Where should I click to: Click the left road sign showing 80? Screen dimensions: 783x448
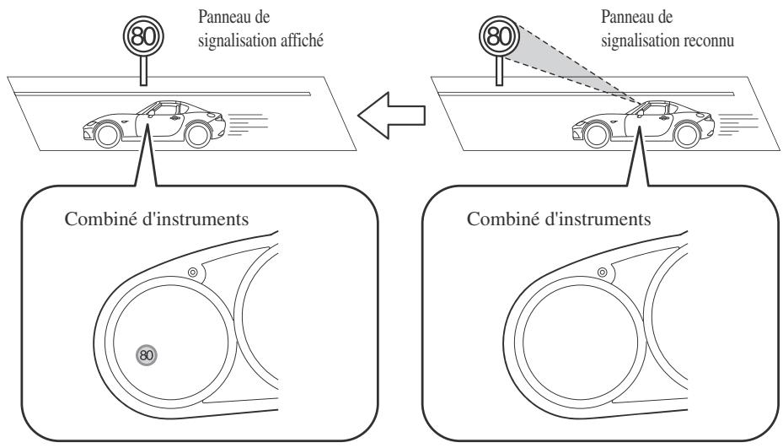tap(144, 36)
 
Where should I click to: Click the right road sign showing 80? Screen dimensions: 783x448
tap(499, 36)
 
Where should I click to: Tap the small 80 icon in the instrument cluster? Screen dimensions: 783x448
tap(147, 355)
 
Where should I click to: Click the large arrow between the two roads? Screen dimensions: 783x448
tap(391, 115)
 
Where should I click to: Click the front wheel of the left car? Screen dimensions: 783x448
tap(107, 134)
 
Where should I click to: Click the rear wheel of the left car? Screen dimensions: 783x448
tap(197, 134)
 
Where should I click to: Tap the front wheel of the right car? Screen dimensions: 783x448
tap(597, 134)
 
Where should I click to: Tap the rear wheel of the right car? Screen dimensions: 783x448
tap(687, 134)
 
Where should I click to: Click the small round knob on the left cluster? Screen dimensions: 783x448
tap(193, 273)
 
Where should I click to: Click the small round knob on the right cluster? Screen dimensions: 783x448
tap(603, 273)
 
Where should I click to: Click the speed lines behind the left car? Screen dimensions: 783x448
tap(247, 125)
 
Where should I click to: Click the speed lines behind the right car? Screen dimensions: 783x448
tap(737, 125)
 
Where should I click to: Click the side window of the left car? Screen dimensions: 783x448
tap(167, 109)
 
